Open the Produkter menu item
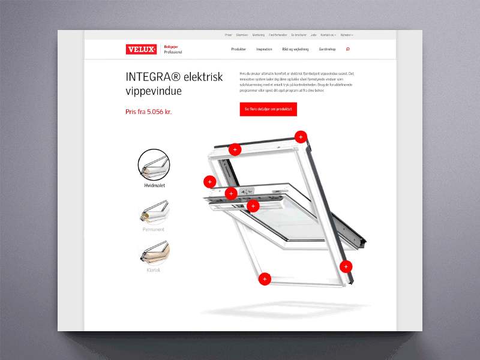coord(239,49)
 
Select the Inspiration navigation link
coord(264,49)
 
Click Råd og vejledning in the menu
coord(295,49)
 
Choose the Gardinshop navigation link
coord(327,49)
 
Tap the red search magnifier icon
coord(348,49)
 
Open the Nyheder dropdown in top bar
coord(346,35)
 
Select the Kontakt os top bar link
coord(328,35)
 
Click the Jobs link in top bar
coord(314,35)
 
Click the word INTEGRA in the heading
coord(144,77)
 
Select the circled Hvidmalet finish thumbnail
coord(154,165)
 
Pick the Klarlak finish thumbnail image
coord(154,253)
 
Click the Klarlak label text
coord(154,270)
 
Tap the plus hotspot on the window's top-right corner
coord(301,136)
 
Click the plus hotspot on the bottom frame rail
coord(265,278)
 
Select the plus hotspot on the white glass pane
coord(253,206)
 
